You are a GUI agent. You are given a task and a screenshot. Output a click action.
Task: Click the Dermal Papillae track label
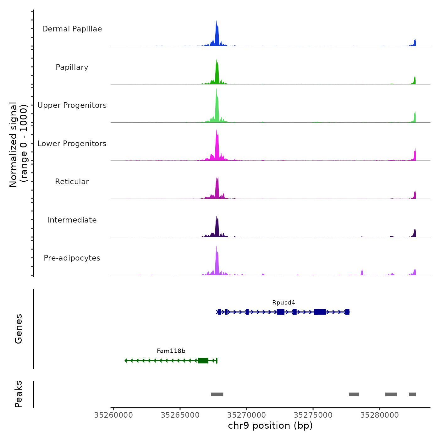point(72,29)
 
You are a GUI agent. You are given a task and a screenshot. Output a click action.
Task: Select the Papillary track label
point(72,67)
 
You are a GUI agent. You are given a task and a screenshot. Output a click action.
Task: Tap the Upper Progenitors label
point(72,105)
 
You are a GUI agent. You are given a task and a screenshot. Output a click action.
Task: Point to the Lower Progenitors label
point(72,144)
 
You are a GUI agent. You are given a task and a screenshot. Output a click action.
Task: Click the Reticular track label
point(72,182)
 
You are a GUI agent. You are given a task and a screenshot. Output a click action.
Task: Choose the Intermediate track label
point(72,220)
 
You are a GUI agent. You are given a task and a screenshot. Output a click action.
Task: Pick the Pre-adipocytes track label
point(72,258)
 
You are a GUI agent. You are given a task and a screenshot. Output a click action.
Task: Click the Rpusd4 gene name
point(283,303)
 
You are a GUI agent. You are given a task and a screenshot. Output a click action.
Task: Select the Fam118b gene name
point(171,351)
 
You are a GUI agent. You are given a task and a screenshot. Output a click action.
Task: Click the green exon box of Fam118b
point(203,360)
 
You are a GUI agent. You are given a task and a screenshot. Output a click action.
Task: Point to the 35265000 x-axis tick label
point(180,415)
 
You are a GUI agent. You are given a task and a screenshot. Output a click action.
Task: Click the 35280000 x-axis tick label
point(379,415)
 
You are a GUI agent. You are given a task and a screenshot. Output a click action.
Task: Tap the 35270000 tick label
point(246,415)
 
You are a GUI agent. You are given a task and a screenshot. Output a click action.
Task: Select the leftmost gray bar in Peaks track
point(217,394)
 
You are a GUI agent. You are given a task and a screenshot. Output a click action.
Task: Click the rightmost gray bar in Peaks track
point(412,394)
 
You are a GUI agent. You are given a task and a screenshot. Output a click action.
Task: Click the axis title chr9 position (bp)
point(270,426)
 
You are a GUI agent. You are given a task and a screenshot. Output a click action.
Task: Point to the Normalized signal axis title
point(18,145)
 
